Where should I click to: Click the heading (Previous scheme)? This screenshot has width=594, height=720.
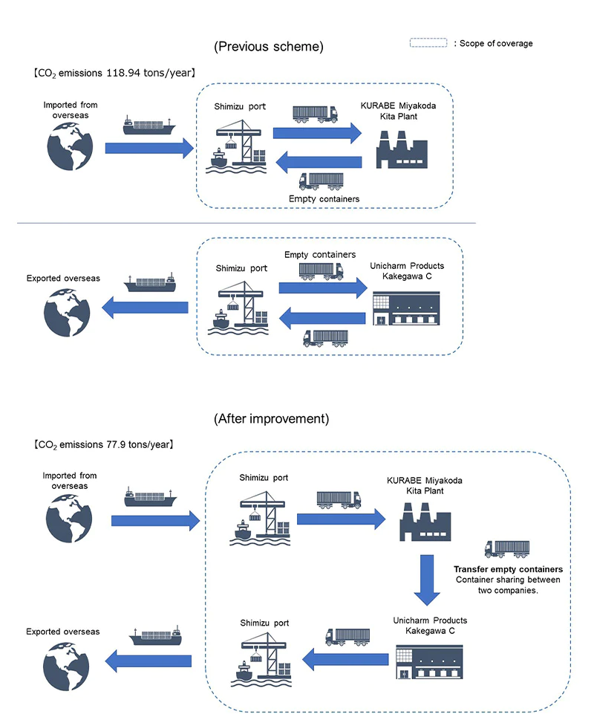[268, 47]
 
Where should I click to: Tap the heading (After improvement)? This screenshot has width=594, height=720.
[270, 418]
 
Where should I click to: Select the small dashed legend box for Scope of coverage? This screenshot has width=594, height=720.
[428, 44]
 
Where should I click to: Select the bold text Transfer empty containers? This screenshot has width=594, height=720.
[508, 568]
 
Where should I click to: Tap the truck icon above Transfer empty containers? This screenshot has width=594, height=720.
[507, 548]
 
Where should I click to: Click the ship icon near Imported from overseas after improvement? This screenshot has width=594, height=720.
[150, 498]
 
